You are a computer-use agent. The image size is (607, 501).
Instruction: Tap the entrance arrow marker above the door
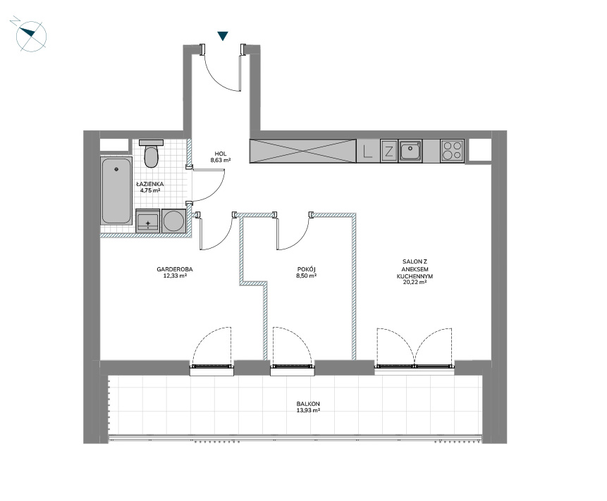coord(222,36)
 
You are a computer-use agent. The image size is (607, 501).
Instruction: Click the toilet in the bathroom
coord(151,154)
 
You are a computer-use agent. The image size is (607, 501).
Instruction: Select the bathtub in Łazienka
coord(116,190)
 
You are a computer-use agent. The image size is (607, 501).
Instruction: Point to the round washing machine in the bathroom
coord(174,221)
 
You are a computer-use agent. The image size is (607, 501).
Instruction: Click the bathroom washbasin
coord(148,221)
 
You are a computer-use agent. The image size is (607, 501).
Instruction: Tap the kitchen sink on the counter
coord(410,151)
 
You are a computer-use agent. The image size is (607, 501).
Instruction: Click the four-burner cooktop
coord(452,151)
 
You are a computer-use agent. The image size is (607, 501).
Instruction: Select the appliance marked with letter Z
coord(388,151)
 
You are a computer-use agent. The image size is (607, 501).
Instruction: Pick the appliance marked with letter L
coord(368,151)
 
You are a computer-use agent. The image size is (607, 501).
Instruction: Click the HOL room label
coord(221,154)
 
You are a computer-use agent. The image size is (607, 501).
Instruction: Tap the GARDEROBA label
coord(175,269)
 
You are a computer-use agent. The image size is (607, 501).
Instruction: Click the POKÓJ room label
coord(307,269)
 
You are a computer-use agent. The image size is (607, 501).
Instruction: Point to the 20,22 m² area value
coord(415,283)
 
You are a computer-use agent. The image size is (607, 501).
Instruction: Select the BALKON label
coord(308,404)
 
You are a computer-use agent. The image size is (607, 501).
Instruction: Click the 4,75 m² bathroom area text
coord(150,190)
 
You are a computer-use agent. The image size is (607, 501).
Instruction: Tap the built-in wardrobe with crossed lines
coord(302,151)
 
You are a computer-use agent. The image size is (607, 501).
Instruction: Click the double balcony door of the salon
coord(415,348)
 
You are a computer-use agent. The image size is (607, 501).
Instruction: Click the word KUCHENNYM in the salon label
coord(415,276)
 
